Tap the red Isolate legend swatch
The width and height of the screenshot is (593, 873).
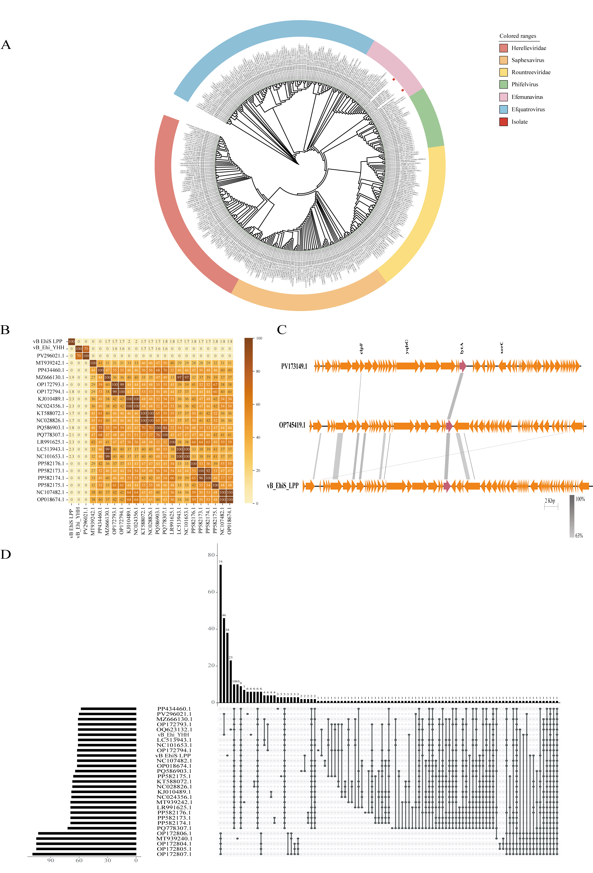[x=503, y=122]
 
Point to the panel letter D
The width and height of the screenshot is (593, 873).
[x=6, y=554]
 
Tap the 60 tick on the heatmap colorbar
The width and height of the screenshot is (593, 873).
[x=258, y=404]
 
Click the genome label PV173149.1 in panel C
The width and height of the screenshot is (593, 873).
[x=294, y=366]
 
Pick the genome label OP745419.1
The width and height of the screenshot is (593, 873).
[x=292, y=425]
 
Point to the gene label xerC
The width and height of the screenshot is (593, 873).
[x=502, y=348]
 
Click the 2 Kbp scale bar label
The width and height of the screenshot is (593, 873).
[x=550, y=501]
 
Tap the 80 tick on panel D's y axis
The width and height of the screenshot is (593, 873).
[x=211, y=555]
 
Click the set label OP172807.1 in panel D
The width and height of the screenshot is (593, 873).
[x=174, y=854]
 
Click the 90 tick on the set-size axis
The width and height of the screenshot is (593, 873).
[x=50, y=860]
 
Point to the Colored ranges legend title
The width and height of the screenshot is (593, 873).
[x=517, y=36]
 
